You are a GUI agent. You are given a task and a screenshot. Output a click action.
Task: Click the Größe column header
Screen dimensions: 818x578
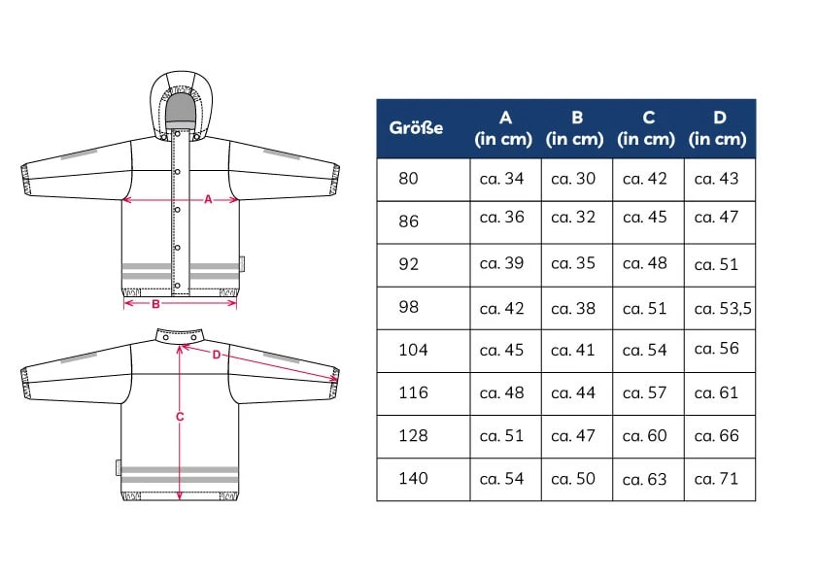pyautogui.click(x=416, y=128)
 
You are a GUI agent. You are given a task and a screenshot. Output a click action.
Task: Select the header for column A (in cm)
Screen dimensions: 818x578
pyautogui.click(x=503, y=128)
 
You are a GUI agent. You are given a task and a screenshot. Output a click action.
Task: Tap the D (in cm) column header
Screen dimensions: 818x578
pyautogui.click(x=717, y=128)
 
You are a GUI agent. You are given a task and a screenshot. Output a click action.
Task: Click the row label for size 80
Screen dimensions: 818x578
pyautogui.click(x=408, y=179)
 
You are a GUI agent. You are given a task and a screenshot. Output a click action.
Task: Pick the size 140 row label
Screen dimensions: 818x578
pyautogui.click(x=413, y=478)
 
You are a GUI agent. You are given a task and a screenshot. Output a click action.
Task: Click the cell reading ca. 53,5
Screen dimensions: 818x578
pyautogui.click(x=723, y=308)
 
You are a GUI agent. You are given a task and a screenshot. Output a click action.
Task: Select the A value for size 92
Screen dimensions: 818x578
pyautogui.click(x=501, y=263)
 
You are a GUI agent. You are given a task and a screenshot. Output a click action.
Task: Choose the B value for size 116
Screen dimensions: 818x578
pyautogui.click(x=573, y=392)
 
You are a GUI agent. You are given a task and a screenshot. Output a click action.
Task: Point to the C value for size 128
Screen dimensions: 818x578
pyautogui.click(x=644, y=435)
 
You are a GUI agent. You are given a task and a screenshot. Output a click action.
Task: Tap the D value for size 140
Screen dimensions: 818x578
pyautogui.click(x=716, y=478)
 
